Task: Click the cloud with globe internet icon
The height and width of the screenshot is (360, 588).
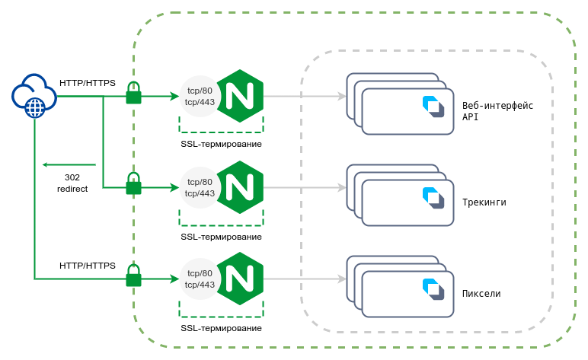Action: click(x=34, y=97)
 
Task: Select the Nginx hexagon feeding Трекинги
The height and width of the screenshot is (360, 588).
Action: click(x=240, y=187)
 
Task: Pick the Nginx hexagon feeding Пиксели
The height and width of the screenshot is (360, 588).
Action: click(x=240, y=279)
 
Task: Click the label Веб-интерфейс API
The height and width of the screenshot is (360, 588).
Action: click(x=498, y=111)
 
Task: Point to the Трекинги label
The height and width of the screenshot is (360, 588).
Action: click(x=484, y=202)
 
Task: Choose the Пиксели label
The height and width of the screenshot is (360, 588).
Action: click(x=481, y=294)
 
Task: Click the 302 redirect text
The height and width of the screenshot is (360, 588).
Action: click(x=72, y=183)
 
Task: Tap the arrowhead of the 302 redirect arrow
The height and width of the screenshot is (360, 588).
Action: click(x=46, y=164)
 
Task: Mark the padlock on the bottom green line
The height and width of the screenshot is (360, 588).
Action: click(x=134, y=276)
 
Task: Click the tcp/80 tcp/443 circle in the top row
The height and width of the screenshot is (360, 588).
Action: click(x=200, y=97)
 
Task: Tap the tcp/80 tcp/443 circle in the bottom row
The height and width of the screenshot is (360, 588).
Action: click(x=200, y=279)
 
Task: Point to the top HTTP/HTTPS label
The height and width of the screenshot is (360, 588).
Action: click(x=88, y=81)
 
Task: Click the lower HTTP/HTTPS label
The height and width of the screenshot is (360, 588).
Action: click(x=88, y=266)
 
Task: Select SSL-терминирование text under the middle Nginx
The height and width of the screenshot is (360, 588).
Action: click(x=221, y=237)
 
